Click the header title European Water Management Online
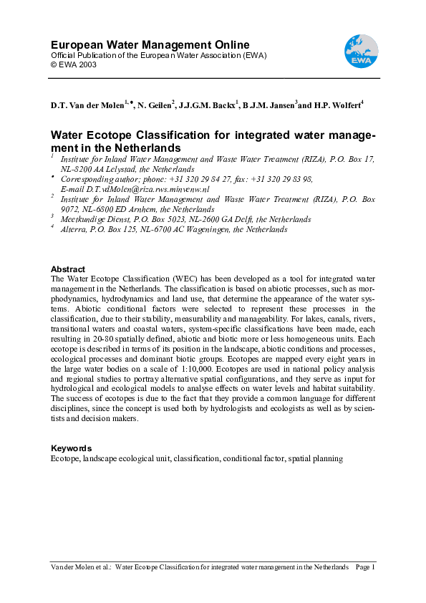150,45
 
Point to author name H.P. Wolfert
339,105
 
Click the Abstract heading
68,269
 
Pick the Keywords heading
71,448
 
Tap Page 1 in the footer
365,566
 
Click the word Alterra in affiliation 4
73,229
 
